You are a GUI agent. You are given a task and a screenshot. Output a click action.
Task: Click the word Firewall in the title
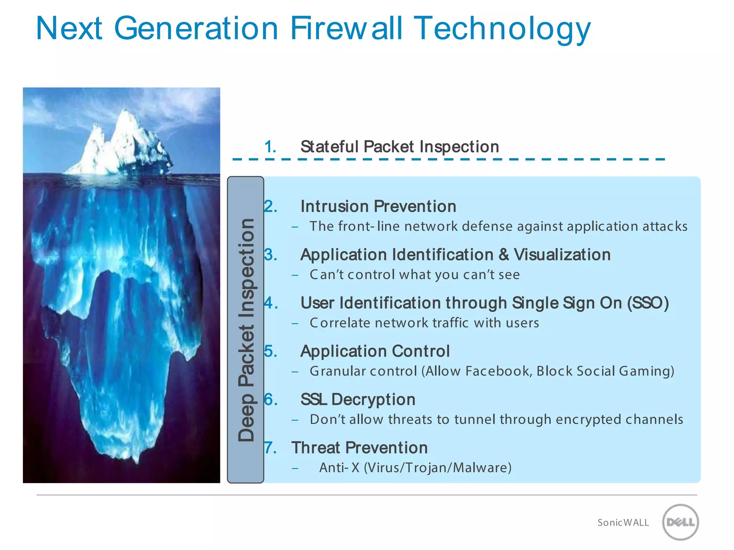(x=346, y=28)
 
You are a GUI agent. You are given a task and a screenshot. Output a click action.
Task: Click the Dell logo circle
(x=680, y=522)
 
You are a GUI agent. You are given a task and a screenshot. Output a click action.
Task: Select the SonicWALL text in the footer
(x=623, y=523)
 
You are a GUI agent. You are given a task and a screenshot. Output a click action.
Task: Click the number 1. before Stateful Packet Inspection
(x=270, y=147)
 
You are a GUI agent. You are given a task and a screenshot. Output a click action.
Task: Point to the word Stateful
(x=329, y=147)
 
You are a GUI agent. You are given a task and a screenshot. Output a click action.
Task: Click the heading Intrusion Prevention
(x=378, y=207)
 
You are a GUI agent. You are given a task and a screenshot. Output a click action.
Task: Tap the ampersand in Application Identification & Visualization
(x=504, y=255)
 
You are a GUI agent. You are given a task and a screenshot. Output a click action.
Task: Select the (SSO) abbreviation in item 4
(x=648, y=303)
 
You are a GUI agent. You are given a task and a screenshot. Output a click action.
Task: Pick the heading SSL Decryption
(x=358, y=400)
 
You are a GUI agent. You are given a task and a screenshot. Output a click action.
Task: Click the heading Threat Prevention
(x=359, y=448)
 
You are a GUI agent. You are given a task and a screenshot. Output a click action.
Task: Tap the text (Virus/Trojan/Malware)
(x=438, y=468)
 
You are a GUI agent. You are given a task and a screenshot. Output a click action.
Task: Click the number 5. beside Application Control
(x=271, y=351)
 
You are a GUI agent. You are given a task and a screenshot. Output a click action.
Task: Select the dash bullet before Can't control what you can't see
(x=295, y=275)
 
